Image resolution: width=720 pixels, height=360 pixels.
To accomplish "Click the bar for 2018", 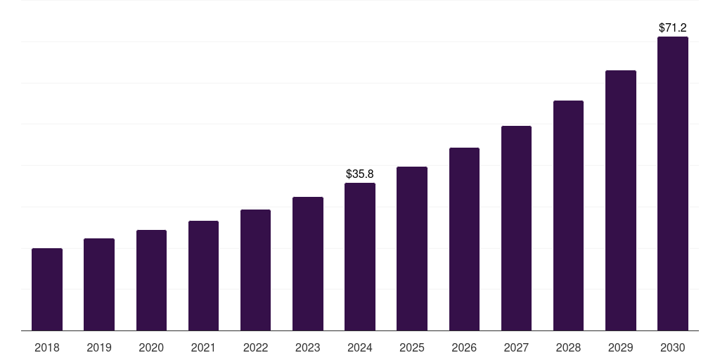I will [x=47, y=290].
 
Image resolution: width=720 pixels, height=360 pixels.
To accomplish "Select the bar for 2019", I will [x=99, y=285].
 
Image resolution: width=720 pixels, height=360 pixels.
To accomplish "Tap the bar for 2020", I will [x=151, y=281].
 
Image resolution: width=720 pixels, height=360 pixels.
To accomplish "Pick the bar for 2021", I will [x=203, y=276].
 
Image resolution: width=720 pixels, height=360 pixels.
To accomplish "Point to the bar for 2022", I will [x=255, y=270].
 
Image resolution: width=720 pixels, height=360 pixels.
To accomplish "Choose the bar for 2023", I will [x=308, y=264].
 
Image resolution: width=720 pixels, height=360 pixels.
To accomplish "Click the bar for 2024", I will [x=360, y=257].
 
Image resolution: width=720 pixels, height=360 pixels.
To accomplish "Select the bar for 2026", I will [x=464, y=239].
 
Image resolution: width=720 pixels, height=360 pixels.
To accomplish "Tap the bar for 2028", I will [x=568, y=216].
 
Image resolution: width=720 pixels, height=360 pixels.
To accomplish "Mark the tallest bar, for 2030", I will [x=673, y=184].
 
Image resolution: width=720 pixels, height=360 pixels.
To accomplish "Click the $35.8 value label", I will [x=360, y=174].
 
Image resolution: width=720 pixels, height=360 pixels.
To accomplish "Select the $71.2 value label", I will [x=673, y=28].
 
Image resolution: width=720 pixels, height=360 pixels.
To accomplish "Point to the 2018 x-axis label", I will [x=47, y=347].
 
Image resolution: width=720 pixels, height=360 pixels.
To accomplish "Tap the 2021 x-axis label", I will [x=203, y=347].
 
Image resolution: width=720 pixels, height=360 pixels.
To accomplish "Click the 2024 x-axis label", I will [x=360, y=347].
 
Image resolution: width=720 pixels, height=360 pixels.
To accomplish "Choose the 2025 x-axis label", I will [x=412, y=347].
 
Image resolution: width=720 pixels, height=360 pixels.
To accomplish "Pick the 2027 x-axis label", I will [x=516, y=347].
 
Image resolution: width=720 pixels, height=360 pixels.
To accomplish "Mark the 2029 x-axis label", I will [x=621, y=347].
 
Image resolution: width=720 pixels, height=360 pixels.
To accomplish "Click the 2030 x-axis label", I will [x=673, y=347].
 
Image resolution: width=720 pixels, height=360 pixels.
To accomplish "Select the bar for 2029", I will [x=621, y=200].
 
